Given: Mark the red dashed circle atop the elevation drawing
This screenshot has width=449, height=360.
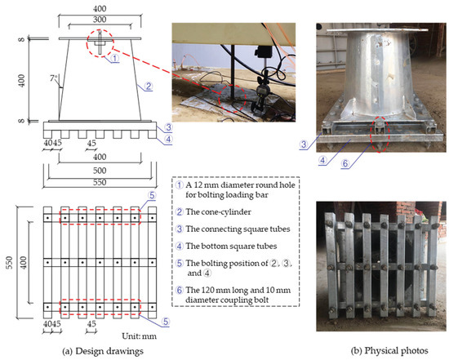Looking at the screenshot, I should point(100,43).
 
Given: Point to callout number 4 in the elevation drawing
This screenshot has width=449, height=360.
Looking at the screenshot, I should point(167,137).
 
